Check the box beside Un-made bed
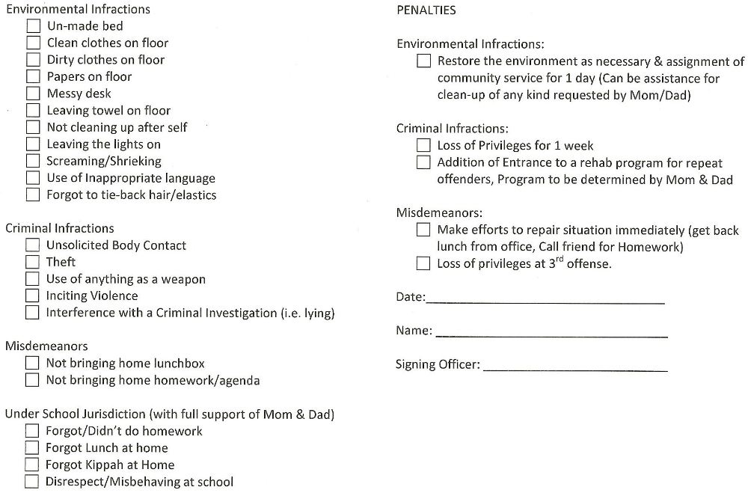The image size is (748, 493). pyautogui.click(x=33, y=26)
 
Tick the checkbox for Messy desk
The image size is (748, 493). pyautogui.click(x=33, y=94)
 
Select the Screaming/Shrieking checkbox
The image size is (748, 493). pyautogui.click(x=33, y=161)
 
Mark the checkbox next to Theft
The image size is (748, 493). pyautogui.click(x=32, y=262)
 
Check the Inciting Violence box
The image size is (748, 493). pyautogui.click(x=32, y=296)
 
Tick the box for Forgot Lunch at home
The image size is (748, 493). pyautogui.click(x=31, y=447)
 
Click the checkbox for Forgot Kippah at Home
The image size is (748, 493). pyautogui.click(x=31, y=465)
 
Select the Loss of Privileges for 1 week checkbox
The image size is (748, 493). pyautogui.click(x=423, y=145)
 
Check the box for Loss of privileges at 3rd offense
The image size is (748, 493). pyautogui.click(x=423, y=263)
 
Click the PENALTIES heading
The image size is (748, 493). pyautogui.click(x=426, y=10)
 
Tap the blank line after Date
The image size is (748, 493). pyautogui.click(x=545, y=301)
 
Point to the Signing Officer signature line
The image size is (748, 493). pyautogui.click(x=575, y=369)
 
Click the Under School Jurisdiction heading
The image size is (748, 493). pyautogui.click(x=169, y=414)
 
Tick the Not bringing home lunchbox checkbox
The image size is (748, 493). pyautogui.click(x=32, y=363)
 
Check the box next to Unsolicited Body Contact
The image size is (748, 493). pyautogui.click(x=32, y=245)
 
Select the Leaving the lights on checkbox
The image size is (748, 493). pyautogui.click(x=33, y=144)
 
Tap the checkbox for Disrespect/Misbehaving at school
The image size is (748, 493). pyautogui.click(x=31, y=482)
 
